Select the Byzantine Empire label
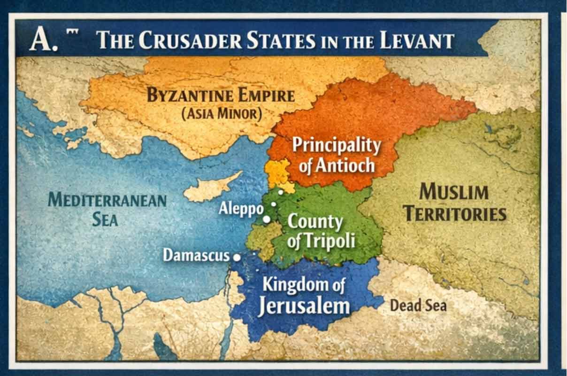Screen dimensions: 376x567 coord(221,95)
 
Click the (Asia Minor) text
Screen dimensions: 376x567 coord(221,114)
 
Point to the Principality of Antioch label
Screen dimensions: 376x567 coord(336,155)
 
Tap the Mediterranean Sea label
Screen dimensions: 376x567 coord(107,209)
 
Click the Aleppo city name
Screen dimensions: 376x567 coord(240,209)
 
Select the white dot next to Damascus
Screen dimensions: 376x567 coord(237,257)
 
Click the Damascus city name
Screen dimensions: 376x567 coord(196,256)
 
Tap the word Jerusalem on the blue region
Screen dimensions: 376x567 coord(304,306)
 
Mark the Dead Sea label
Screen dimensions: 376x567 coord(418,305)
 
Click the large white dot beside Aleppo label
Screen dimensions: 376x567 coord(267,219)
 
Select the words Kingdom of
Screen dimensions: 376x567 coord(303,284)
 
